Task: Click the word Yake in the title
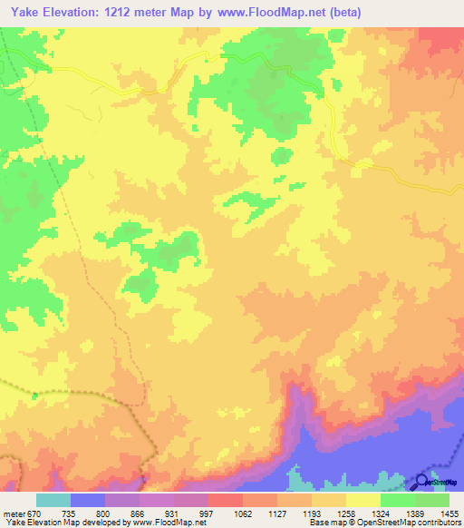coord(28,12)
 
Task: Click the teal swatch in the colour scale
coord(53,500)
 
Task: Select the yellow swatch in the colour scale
coord(362,500)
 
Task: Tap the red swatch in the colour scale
coord(225,500)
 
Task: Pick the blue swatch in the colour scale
coord(87,500)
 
